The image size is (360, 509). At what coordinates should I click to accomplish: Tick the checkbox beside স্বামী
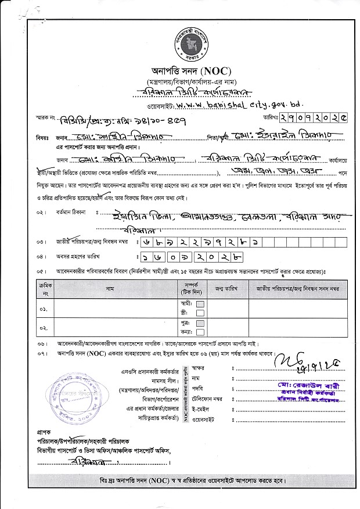click(200, 304)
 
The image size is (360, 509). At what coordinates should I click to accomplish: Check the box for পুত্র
click(200, 322)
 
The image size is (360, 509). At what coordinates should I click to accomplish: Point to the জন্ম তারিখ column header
click(228, 288)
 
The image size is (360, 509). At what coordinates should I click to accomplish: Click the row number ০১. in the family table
click(44, 308)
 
